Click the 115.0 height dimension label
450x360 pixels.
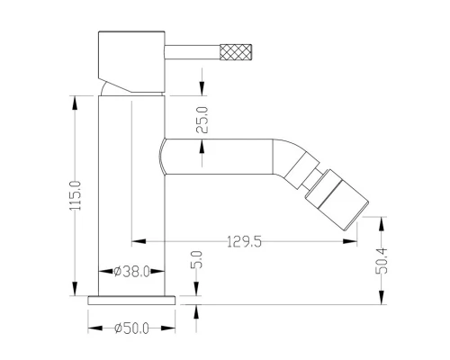(75, 195)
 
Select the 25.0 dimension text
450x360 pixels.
(202, 120)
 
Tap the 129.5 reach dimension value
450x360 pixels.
(244, 241)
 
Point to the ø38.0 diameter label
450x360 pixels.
(132, 272)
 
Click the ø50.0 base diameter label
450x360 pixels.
(131, 328)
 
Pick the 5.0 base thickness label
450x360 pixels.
(196, 259)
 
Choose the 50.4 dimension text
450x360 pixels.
(382, 261)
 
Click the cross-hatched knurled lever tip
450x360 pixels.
(236, 51)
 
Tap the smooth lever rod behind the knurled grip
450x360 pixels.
(193, 52)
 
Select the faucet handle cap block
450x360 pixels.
(131, 61)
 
